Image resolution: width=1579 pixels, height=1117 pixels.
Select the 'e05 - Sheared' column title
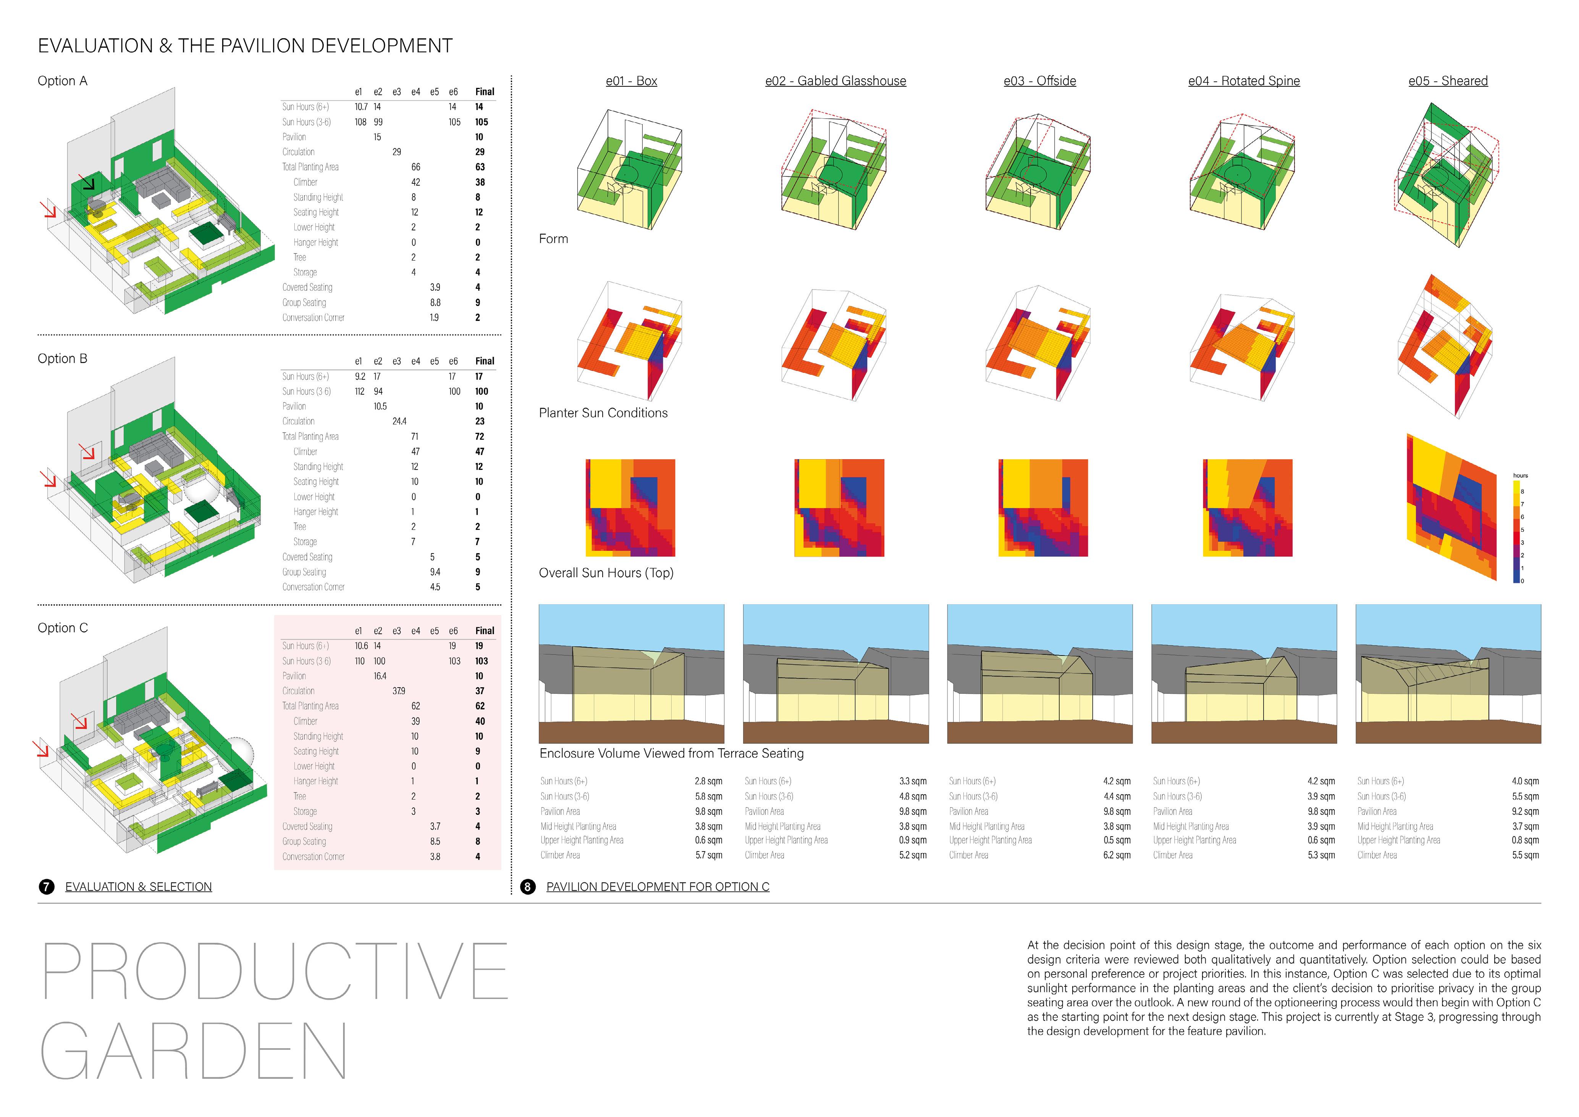(1448, 81)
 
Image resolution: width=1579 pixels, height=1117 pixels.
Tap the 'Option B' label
(63, 358)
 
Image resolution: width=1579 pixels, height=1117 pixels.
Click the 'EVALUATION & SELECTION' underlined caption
(138, 887)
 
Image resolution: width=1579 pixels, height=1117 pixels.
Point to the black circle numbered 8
(527, 887)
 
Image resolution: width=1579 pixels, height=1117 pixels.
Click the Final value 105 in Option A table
(482, 122)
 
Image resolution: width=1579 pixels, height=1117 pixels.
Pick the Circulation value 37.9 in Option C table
(399, 691)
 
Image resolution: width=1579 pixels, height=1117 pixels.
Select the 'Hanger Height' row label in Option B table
(316, 512)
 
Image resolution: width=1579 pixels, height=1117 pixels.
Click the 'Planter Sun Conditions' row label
(603, 413)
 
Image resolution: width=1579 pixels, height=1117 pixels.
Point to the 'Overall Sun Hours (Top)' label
(606, 573)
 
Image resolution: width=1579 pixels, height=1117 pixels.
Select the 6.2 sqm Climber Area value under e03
(1117, 855)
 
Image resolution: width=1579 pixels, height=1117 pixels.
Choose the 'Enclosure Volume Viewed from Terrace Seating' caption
(671, 753)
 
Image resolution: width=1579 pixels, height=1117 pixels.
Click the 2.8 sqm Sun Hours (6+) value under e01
(708, 781)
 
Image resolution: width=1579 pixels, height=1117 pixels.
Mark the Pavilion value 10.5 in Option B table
(380, 406)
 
